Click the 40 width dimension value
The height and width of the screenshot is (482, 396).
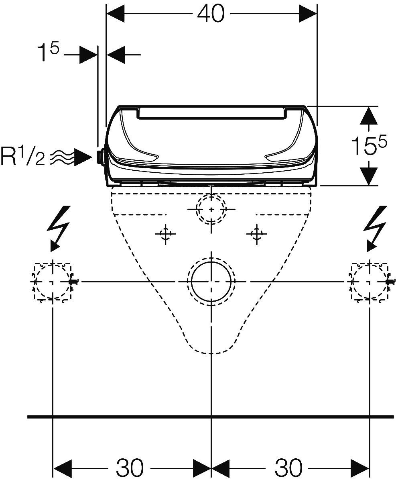(211, 14)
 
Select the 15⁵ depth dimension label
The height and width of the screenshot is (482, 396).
(369, 145)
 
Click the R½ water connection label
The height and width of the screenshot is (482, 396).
(23, 156)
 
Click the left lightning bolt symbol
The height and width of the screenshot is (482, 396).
(59, 229)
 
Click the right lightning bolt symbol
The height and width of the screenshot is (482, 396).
(376, 229)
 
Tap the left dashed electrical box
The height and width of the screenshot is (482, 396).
(35, 281)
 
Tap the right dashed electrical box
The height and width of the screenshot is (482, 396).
(352, 281)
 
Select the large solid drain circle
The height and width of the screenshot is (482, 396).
(191, 282)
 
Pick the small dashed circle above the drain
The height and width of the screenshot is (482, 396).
(196, 209)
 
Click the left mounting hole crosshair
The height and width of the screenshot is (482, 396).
(165, 234)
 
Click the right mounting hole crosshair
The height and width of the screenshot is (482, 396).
(257, 234)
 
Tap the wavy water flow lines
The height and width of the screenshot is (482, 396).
(62, 157)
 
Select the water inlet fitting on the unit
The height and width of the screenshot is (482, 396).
(100, 156)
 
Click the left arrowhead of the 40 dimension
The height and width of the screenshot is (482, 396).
(116, 14)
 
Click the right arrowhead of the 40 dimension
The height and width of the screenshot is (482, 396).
(308, 14)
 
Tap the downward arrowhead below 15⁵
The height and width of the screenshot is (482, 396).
(368, 176)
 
